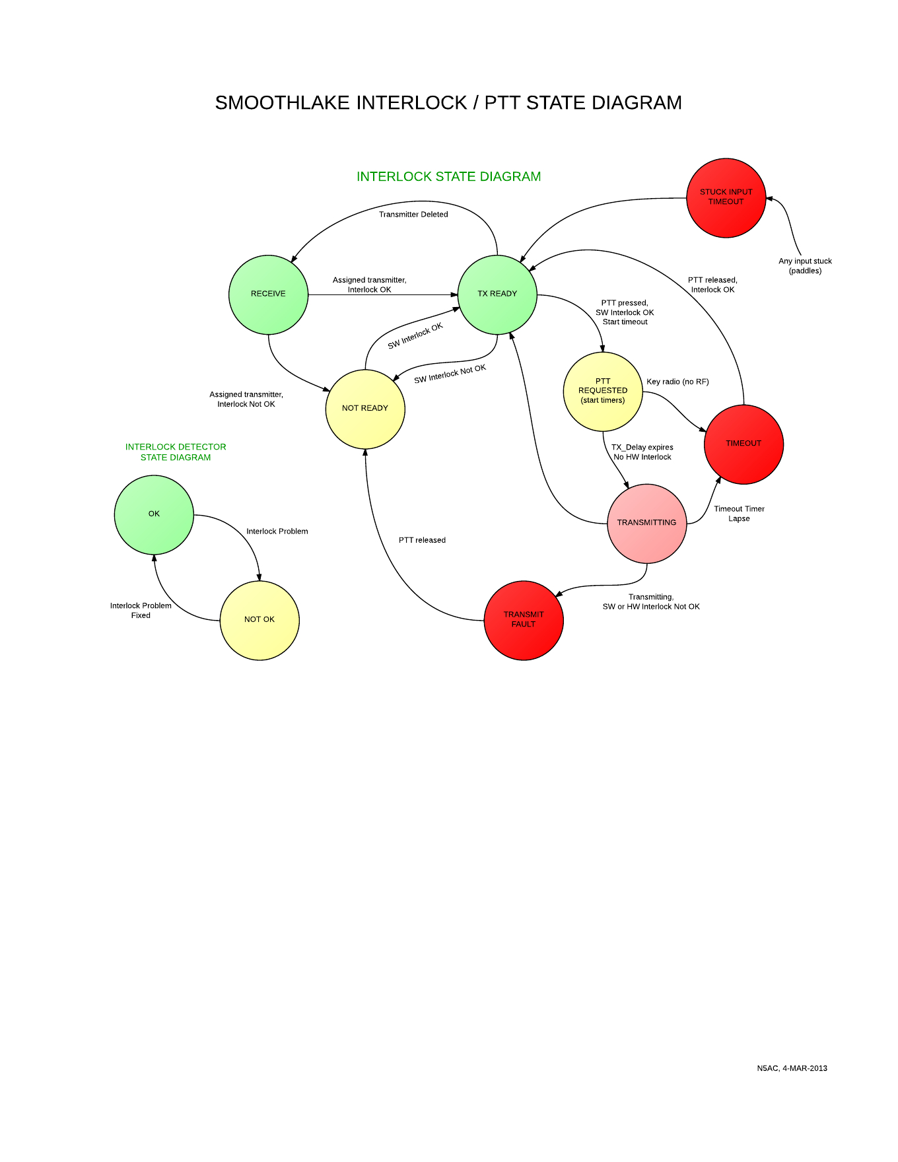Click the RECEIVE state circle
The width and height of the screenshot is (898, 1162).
[x=268, y=294]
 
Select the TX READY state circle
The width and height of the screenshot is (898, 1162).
[x=497, y=294]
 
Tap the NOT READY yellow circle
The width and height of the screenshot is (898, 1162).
[x=365, y=409]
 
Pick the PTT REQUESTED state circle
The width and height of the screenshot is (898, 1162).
[x=603, y=392]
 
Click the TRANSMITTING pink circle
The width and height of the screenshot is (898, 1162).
[x=647, y=524]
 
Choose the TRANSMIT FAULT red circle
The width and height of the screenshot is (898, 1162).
[x=524, y=621]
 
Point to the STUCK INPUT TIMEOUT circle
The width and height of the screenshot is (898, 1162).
[x=726, y=198]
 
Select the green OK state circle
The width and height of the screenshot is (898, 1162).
[x=154, y=515]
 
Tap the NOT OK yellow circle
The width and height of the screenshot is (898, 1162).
[x=259, y=621]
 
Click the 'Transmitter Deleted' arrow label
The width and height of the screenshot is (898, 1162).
[x=413, y=215]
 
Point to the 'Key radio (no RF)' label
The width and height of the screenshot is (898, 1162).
[x=677, y=382]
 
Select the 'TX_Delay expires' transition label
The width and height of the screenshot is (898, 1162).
[x=642, y=447]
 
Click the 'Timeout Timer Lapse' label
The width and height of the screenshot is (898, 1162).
[x=739, y=514]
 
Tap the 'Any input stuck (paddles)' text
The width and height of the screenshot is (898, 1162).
[x=805, y=266]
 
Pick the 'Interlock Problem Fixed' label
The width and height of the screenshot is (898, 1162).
[x=141, y=611]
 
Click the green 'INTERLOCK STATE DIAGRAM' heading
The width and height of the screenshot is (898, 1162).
[x=449, y=177]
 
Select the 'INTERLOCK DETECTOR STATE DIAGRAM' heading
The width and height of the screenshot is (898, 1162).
[x=176, y=452]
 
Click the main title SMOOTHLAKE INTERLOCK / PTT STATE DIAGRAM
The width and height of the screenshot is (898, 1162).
[x=448, y=103]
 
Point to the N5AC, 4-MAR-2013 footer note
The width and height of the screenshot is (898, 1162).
[x=792, y=1068]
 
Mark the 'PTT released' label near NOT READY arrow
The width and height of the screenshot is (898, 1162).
[x=422, y=540]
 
